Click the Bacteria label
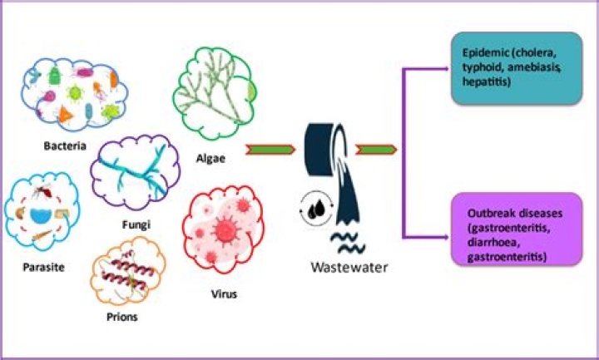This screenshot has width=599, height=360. tap(67, 146)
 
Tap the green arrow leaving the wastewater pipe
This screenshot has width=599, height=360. tap(376, 149)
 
